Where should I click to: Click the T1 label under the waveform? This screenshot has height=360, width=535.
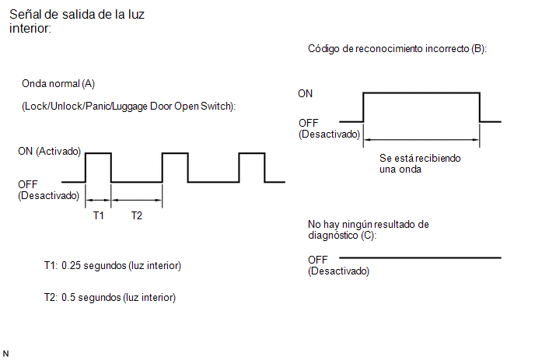[x=98, y=215]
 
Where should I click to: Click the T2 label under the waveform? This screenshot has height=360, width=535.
[x=137, y=215]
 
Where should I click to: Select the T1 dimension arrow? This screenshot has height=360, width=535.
[x=98, y=200]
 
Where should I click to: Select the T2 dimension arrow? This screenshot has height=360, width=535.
[x=137, y=200]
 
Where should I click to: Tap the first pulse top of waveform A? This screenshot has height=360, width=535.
[x=98, y=153]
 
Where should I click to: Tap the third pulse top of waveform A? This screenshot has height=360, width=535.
[x=252, y=153]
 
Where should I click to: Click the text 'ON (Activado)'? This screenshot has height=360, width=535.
[x=49, y=151]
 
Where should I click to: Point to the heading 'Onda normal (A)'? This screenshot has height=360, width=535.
[x=58, y=84]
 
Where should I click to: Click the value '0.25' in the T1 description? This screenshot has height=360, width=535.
[x=71, y=265]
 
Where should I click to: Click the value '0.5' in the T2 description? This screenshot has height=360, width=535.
[x=68, y=298]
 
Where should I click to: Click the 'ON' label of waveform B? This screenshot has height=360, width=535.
[x=305, y=93]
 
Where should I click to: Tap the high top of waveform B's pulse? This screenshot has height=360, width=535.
[x=421, y=93]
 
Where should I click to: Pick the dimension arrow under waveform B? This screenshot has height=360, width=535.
[x=421, y=139]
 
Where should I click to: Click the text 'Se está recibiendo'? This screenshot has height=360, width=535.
[x=420, y=159]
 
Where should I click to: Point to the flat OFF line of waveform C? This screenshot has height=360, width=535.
[x=420, y=257]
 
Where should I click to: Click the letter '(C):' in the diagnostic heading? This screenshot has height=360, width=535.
[x=369, y=236]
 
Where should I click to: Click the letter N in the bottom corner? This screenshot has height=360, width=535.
[x=5, y=354]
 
